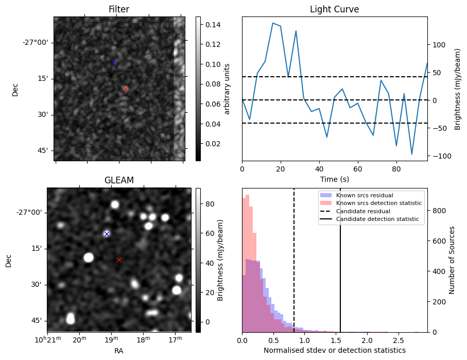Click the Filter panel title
[118, 10]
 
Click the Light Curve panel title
[334, 10]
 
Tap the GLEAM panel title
[119, 180]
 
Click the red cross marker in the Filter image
[126, 89]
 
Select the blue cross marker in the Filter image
[113, 63]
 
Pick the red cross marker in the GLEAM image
[119, 260]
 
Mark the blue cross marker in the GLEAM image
[107, 234]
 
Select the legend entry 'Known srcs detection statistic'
[378, 203]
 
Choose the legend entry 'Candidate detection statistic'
[377, 220]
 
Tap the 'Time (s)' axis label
[334, 179]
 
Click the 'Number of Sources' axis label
[453, 260]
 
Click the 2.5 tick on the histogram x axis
[398, 340]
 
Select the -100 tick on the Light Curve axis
[439, 156]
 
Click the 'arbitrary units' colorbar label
[227, 89]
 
